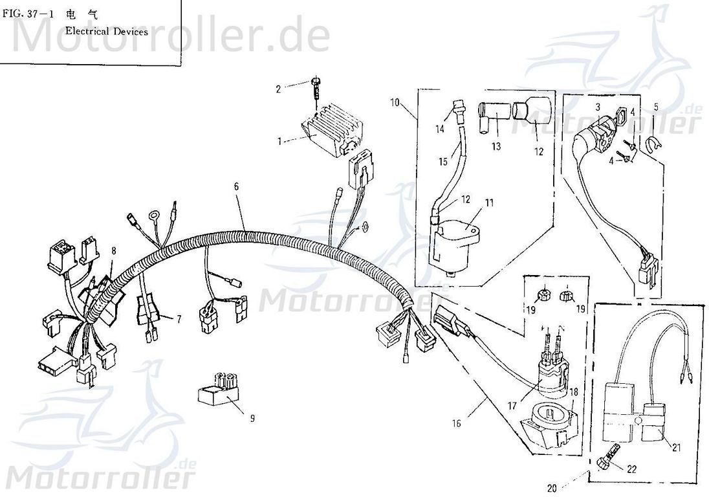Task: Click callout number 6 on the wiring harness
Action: pyautogui.click(x=236, y=186)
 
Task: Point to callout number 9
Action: pyautogui.click(x=252, y=418)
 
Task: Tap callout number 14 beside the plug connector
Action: pyautogui.click(x=440, y=129)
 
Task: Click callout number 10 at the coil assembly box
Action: pyautogui.click(x=395, y=102)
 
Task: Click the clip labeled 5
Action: pyautogui.click(x=651, y=144)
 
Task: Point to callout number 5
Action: pyautogui.click(x=656, y=107)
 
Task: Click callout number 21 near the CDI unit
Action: pyautogui.click(x=677, y=448)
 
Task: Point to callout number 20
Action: pyautogui.click(x=552, y=488)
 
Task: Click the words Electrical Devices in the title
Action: pyautogui.click(x=106, y=31)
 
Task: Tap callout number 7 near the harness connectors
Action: pyautogui.click(x=179, y=320)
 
